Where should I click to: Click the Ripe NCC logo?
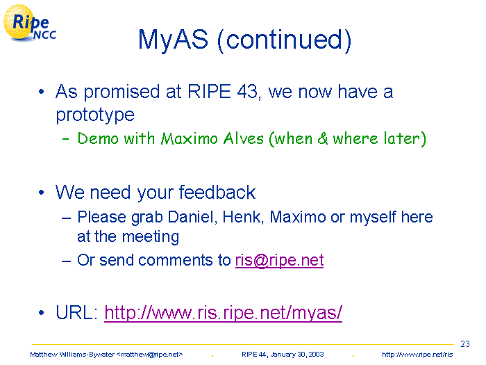click(30, 23)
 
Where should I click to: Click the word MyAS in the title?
click(173, 40)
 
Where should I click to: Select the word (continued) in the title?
click(284, 40)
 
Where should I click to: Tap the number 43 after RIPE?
click(249, 92)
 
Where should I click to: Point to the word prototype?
click(95, 115)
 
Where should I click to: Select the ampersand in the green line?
click(322, 138)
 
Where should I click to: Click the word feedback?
click(217, 192)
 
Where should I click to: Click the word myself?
click(373, 217)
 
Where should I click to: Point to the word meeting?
click(151, 237)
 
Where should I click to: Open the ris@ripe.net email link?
click(279, 260)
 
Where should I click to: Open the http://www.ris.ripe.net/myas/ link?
click(223, 313)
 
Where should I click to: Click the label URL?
click(77, 312)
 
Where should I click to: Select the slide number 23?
click(465, 344)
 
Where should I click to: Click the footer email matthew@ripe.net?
click(149, 355)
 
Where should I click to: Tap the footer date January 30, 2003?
click(297, 355)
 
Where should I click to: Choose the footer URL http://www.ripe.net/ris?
click(417, 355)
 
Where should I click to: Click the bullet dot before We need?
click(42, 193)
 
